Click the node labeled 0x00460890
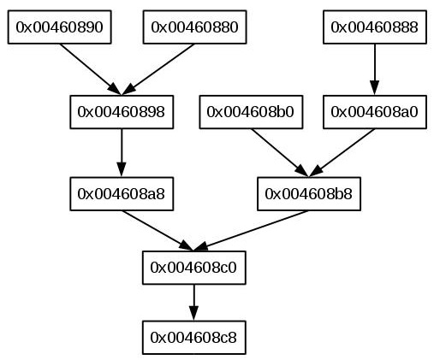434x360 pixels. pyautogui.click(x=59, y=27)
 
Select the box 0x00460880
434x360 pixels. pyautogui.click(x=194, y=27)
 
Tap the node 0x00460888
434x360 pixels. pyautogui.click(x=375, y=27)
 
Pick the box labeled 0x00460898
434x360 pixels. pyautogui.click(x=122, y=112)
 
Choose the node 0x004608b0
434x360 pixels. pyautogui.click(x=251, y=112)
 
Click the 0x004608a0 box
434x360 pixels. pyautogui.click(x=375, y=112)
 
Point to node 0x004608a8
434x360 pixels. pyautogui.click(x=122, y=194)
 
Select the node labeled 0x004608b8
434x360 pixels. pyautogui.click(x=309, y=194)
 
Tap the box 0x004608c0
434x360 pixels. pyautogui.click(x=194, y=268)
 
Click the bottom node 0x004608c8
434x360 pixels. pyautogui.click(x=194, y=338)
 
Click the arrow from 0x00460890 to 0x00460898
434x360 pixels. pyautogui.click(x=91, y=69)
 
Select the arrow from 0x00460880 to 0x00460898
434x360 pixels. pyautogui.click(x=158, y=69)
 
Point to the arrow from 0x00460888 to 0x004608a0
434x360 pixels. pyautogui.click(x=375, y=69)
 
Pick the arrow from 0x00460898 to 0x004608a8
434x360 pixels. pyautogui.click(x=122, y=153)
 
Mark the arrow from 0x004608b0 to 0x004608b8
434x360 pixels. pyautogui.click(x=280, y=153)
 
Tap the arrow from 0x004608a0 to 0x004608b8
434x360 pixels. pyautogui.click(x=342, y=153)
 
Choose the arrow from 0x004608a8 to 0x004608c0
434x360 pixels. pyautogui.click(x=158, y=231)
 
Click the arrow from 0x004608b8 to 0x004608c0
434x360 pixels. pyautogui.click(x=251, y=231)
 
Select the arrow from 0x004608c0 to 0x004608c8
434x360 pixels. pyautogui.click(x=194, y=303)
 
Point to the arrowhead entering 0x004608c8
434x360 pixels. pyautogui.click(x=194, y=314)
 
